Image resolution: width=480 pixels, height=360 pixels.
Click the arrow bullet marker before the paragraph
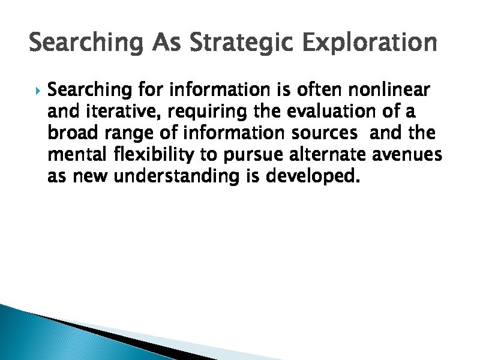(37, 91)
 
